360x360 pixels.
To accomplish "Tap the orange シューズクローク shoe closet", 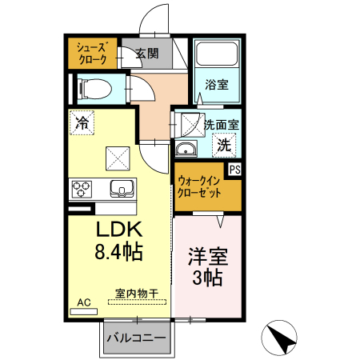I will click(91, 53).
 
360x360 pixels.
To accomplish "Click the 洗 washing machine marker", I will click(225, 146).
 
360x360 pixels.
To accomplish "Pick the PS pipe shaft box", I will click(235, 170).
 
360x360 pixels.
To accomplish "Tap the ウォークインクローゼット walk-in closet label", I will click(202, 187).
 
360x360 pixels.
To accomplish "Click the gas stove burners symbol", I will click(82, 190).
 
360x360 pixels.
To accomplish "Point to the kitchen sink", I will click(122, 190).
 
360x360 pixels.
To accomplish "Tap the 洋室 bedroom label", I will click(208, 258).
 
